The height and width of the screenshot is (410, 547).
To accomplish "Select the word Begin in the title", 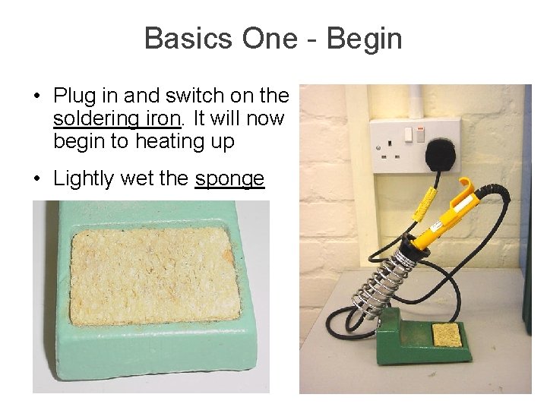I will (x=364, y=39).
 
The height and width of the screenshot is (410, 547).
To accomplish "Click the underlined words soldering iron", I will (x=117, y=119).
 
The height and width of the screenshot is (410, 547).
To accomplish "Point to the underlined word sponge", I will (x=229, y=179).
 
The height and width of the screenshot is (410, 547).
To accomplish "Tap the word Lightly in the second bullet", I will (x=83, y=179).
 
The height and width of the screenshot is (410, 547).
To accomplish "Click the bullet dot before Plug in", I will (x=36, y=97).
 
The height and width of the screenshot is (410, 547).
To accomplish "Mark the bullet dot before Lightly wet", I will (x=36, y=180).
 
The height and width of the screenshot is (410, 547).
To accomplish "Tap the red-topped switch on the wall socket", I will (x=409, y=135).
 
